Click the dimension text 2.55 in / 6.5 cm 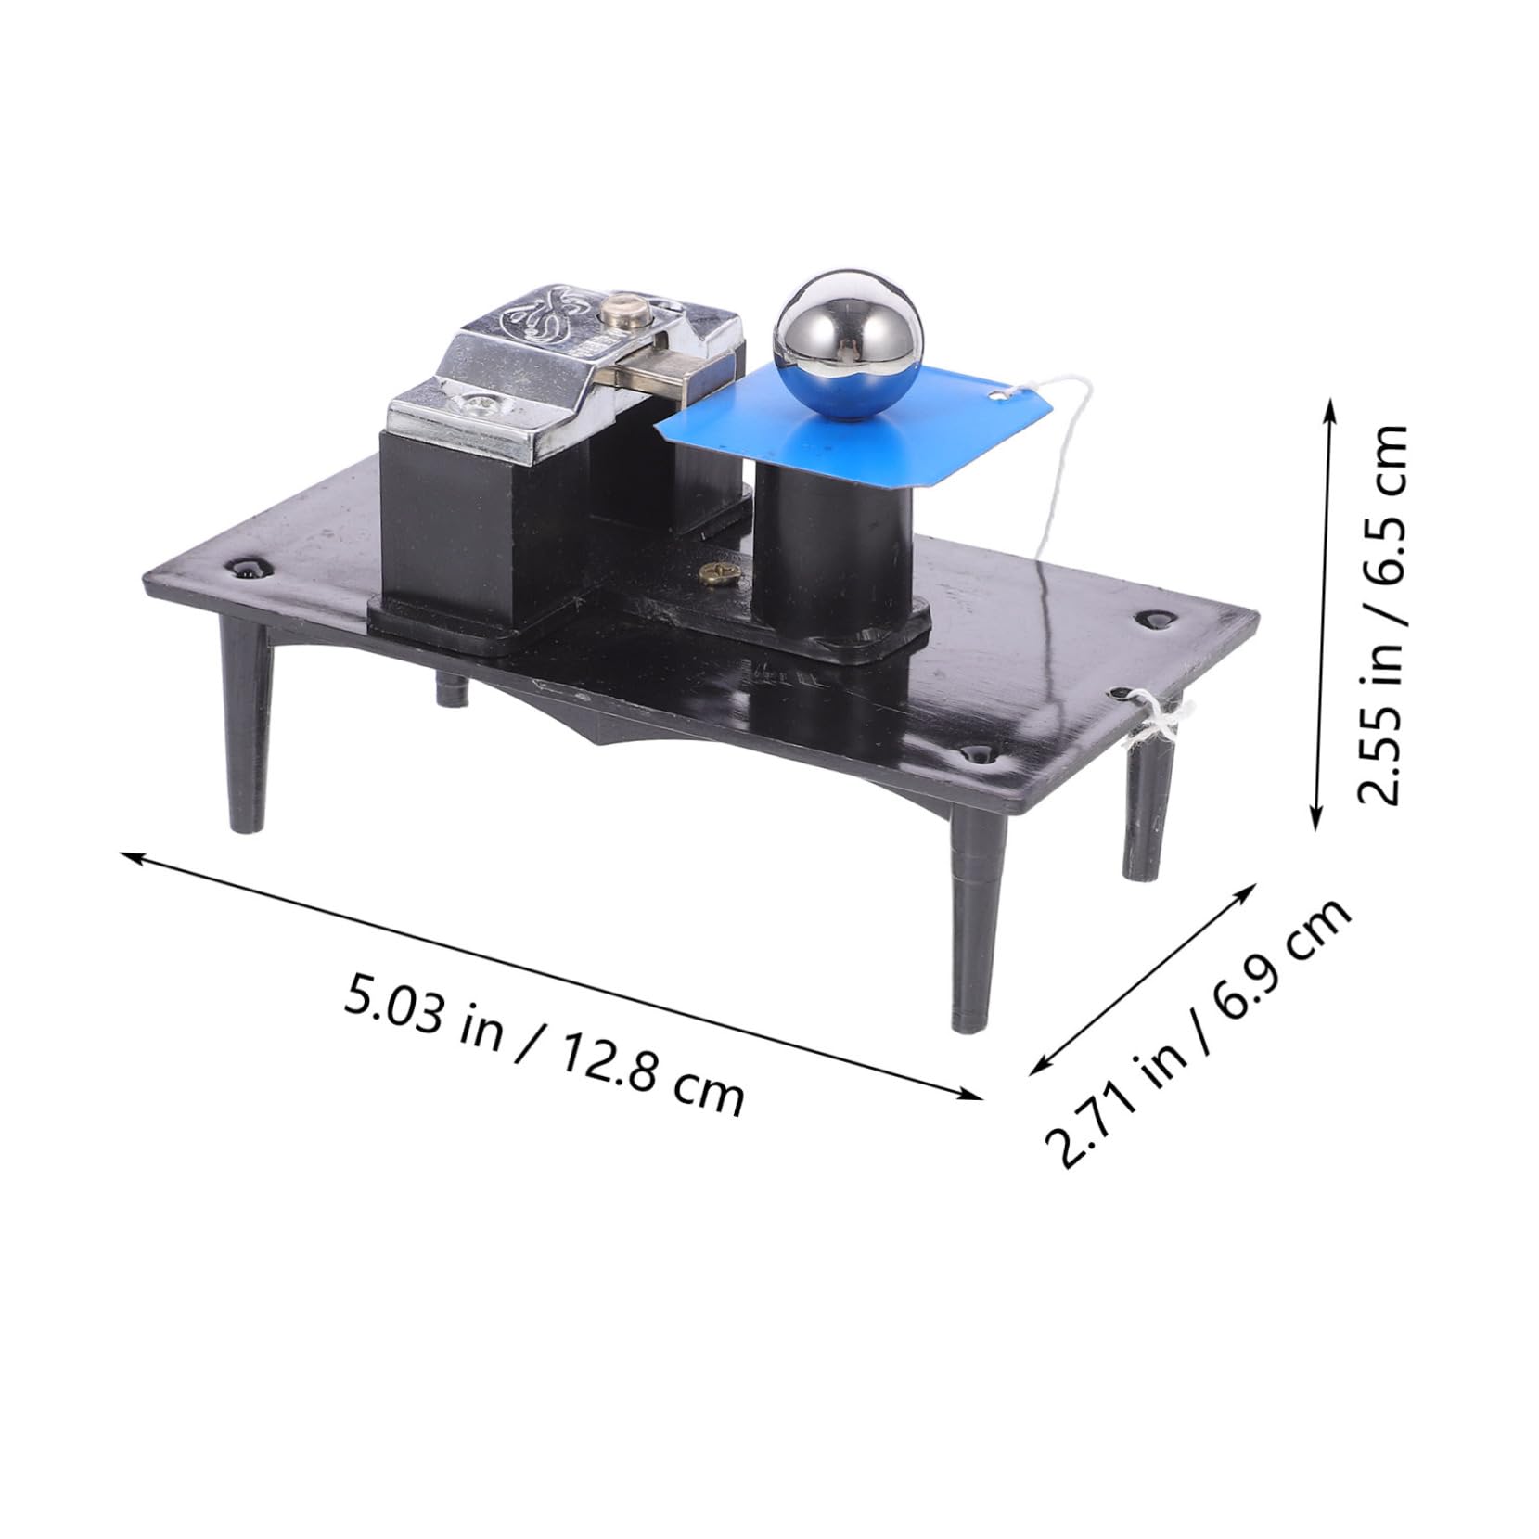coord(1381,615)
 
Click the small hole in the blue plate coord(998,397)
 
